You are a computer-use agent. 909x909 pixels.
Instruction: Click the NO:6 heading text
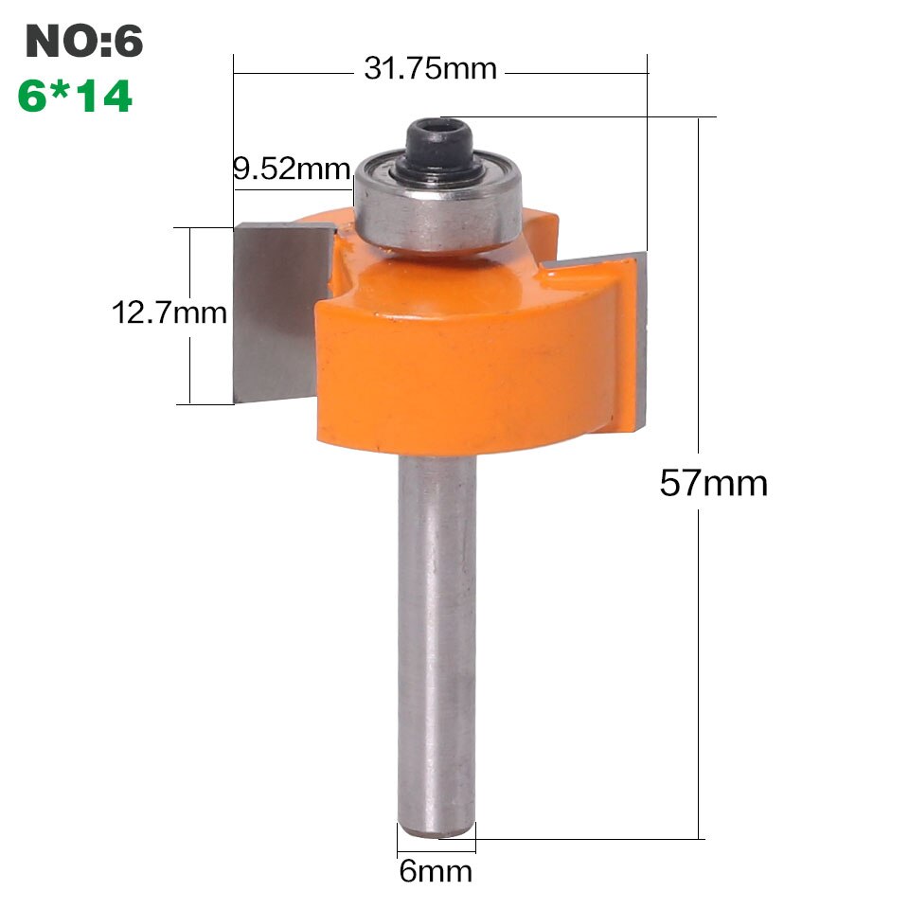pyautogui.click(x=84, y=42)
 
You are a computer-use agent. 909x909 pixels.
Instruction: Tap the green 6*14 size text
pyautogui.click(x=75, y=97)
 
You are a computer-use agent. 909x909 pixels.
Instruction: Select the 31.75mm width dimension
pyautogui.click(x=430, y=69)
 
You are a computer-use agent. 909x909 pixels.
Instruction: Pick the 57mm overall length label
pyautogui.click(x=713, y=484)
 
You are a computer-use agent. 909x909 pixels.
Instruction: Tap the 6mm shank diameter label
pyautogui.click(x=436, y=870)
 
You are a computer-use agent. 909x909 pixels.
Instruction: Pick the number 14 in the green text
pyautogui.click(x=102, y=97)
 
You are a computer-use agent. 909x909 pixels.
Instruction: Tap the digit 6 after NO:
pyautogui.click(x=129, y=42)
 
